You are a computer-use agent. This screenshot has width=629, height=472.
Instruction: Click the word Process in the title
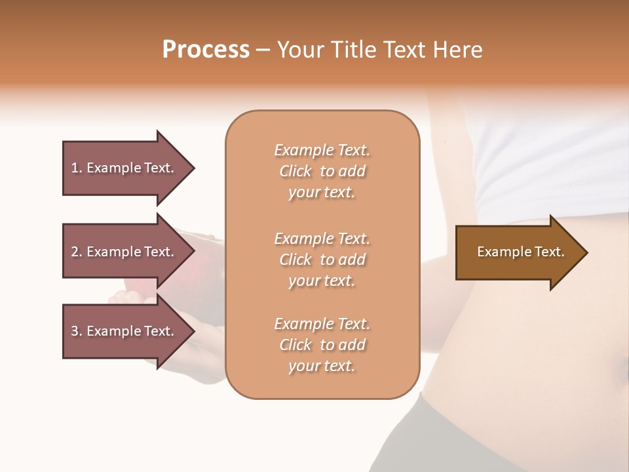tap(206, 50)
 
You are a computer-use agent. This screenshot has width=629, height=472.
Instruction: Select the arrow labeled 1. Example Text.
tap(124, 168)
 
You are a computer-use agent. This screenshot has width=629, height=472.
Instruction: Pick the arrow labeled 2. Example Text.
tap(124, 252)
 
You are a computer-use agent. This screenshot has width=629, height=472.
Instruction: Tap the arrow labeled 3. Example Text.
tap(124, 331)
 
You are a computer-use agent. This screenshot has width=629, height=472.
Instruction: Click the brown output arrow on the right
tap(518, 252)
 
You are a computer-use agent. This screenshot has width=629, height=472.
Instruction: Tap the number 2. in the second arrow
tap(77, 252)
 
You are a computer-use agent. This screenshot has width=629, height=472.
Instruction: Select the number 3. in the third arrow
tap(77, 331)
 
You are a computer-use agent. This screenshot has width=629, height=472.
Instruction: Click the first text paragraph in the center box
tap(322, 171)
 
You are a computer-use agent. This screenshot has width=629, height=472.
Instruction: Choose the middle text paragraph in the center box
tap(322, 260)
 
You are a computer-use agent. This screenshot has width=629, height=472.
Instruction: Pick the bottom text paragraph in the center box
tap(322, 345)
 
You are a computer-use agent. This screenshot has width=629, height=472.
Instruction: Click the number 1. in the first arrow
tap(77, 168)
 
